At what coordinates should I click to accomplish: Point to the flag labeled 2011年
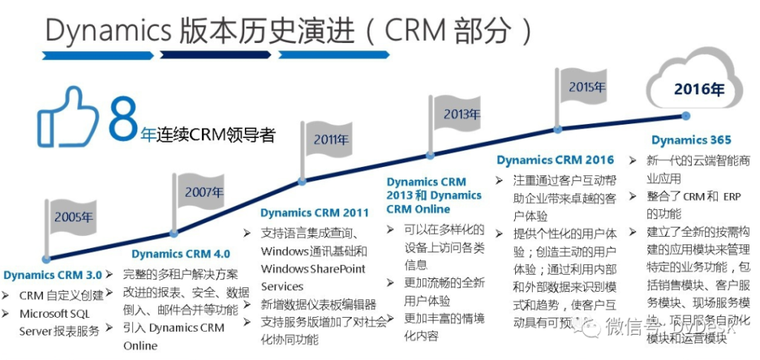tap(327, 139)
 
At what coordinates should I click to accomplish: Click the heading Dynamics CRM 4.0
tap(180, 253)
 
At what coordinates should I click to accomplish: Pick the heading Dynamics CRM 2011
tap(315, 213)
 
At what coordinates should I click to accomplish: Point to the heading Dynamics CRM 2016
tap(555, 160)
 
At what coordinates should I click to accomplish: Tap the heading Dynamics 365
tap(691, 140)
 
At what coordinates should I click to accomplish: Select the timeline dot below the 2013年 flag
tap(428, 156)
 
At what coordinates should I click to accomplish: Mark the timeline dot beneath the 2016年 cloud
tap(686, 116)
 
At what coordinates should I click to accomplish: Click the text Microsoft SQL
tap(54, 313)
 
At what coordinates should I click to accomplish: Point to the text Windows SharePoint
tap(313, 269)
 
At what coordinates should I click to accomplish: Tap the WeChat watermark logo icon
tap(594, 326)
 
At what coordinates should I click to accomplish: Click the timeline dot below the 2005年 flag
tap(46, 259)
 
